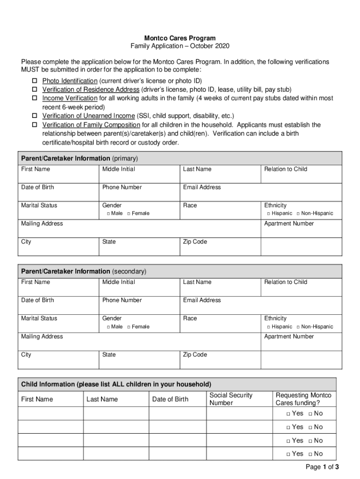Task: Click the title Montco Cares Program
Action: tap(180, 38)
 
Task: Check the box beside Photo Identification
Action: tap(34, 80)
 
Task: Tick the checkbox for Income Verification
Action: tap(34, 98)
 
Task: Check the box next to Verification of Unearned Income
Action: tap(34, 116)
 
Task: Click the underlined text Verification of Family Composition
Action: tap(91, 125)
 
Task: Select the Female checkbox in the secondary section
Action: tap(129, 327)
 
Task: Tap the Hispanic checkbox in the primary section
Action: tap(268, 214)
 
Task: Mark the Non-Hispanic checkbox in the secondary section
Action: tap(298, 327)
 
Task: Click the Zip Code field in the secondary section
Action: tap(220, 360)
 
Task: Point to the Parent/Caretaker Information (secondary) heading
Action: tap(84, 271)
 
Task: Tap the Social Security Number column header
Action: tap(231, 399)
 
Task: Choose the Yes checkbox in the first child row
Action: tap(288, 414)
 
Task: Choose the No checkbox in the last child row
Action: tap(310, 454)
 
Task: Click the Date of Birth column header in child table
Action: tap(170, 399)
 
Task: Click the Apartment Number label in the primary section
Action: tap(289, 224)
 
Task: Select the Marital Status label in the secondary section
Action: tap(39, 319)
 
